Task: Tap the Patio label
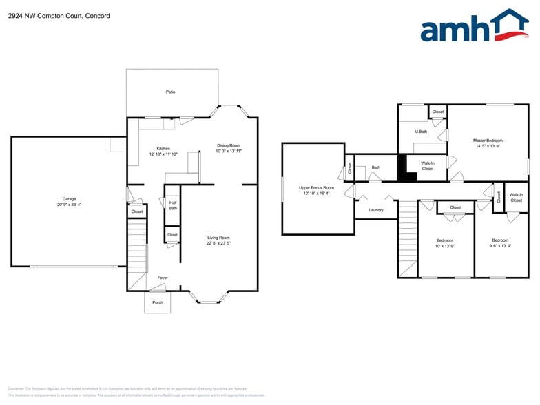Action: [x=170, y=92]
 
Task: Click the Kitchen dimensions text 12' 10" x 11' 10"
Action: [x=163, y=154]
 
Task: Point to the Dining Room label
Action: [x=229, y=145]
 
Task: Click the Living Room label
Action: [x=218, y=238]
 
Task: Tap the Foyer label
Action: [x=163, y=278]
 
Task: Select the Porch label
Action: [x=158, y=302]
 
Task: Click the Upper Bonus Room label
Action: [x=316, y=187]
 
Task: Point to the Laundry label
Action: [x=375, y=210]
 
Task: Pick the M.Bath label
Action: [x=421, y=132]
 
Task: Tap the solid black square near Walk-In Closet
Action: [x=408, y=167]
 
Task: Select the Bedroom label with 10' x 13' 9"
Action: [x=444, y=240]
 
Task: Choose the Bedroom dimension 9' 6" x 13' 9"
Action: [x=500, y=246]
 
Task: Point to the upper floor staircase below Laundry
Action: [x=408, y=238]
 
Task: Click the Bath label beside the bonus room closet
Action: [x=376, y=167]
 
